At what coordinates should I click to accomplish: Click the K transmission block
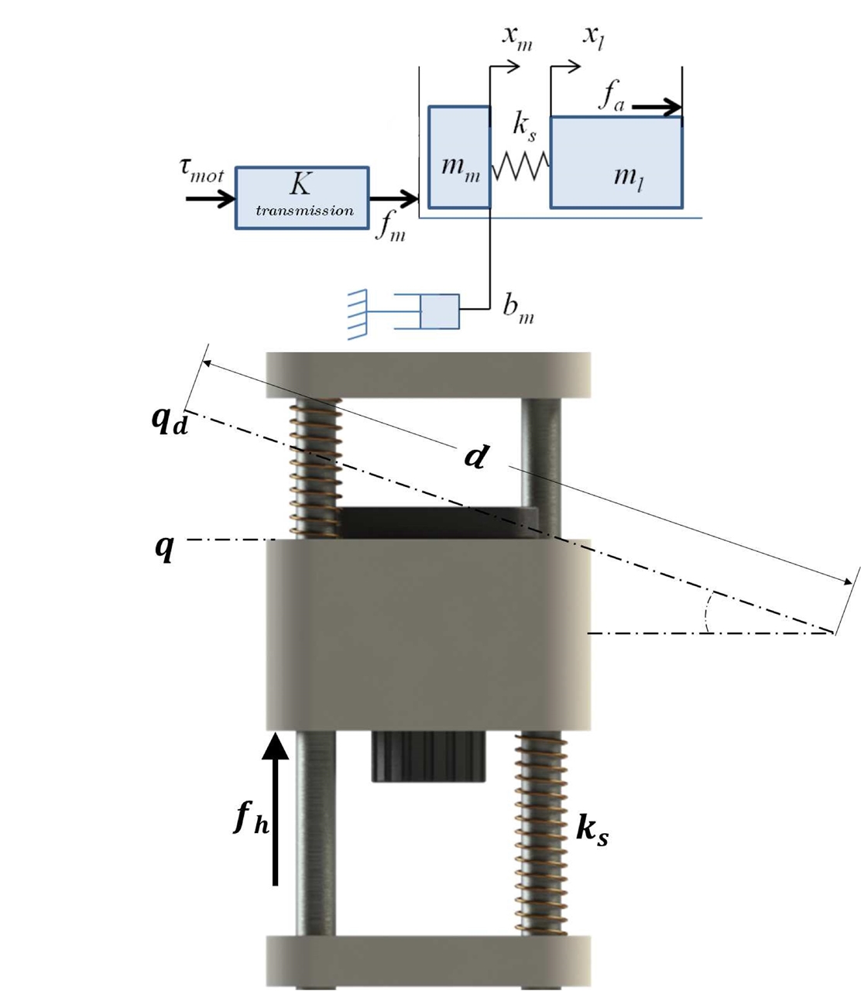click(302, 197)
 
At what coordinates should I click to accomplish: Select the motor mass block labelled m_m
click(459, 157)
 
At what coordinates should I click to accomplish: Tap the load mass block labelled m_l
click(616, 163)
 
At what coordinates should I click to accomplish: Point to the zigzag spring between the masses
click(520, 166)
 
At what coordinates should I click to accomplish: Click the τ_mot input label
click(201, 171)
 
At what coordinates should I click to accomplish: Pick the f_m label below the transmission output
click(390, 227)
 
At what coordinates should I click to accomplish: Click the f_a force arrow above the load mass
click(657, 108)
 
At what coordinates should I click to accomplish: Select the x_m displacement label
click(516, 38)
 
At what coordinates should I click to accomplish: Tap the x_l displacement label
click(594, 38)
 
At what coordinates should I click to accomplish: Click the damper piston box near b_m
click(440, 311)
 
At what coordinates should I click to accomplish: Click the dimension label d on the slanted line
click(476, 456)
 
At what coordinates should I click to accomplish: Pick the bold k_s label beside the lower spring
click(592, 830)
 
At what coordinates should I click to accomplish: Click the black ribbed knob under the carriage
click(428, 757)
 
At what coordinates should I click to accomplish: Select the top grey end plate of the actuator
click(428, 375)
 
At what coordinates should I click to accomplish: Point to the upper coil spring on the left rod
click(315, 468)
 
